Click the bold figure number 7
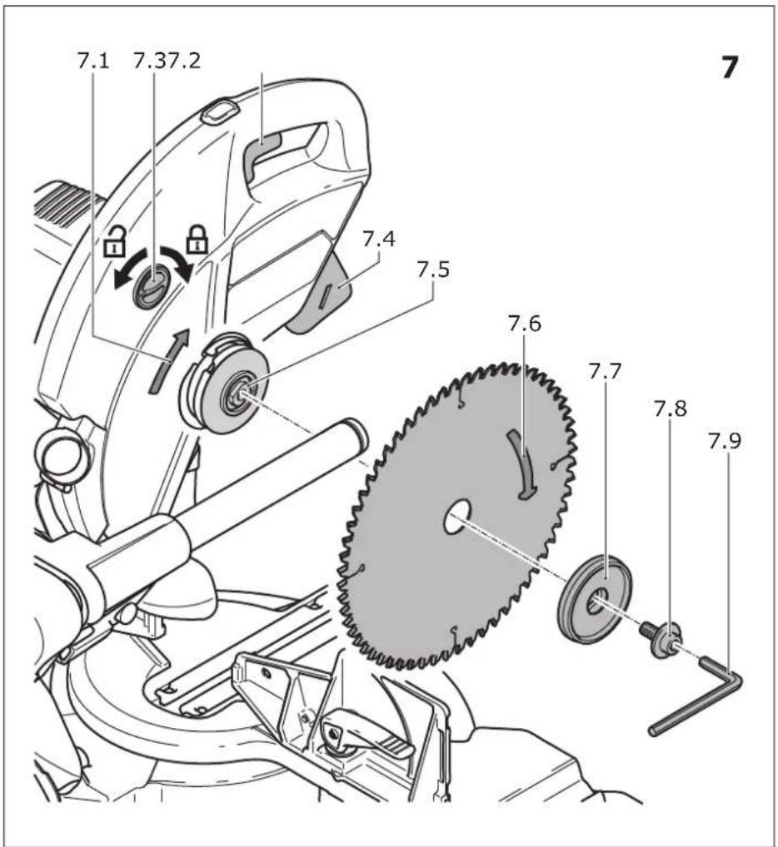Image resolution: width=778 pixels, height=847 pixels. (730, 67)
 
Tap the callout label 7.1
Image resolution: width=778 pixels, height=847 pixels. (93, 61)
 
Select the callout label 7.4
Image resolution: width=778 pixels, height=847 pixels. (378, 238)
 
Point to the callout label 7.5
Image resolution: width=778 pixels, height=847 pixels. (432, 269)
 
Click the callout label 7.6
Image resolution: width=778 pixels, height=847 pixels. (525, 324)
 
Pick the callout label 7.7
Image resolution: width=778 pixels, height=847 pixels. (605, 371)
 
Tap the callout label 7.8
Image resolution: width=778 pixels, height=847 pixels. (671, 409)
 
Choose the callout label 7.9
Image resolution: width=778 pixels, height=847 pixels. (725, 441)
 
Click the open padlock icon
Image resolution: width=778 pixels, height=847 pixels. (115, 242)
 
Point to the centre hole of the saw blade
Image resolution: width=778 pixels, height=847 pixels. (457, 516)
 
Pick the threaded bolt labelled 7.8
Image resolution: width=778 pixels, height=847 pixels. (661, 636)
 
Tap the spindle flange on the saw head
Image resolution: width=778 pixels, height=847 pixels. (224, 384)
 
